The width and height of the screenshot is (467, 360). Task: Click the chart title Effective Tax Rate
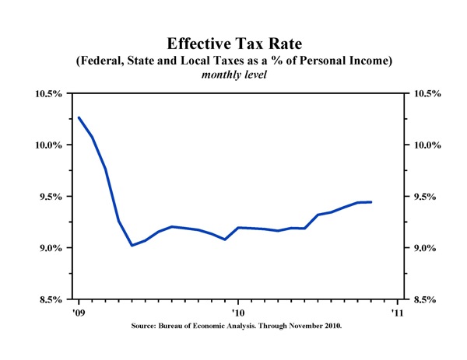(233, 44)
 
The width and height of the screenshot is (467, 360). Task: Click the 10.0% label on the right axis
(426, 145)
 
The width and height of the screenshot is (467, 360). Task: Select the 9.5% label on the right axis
(423, 197)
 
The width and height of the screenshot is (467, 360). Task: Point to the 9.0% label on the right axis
(423, 248)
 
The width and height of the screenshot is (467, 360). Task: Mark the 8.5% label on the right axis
(423, 299)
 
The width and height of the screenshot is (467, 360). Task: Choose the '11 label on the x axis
(397, 313)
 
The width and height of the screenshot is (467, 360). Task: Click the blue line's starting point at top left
(79, 117)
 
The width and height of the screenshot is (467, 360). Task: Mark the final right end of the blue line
(371, 202)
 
